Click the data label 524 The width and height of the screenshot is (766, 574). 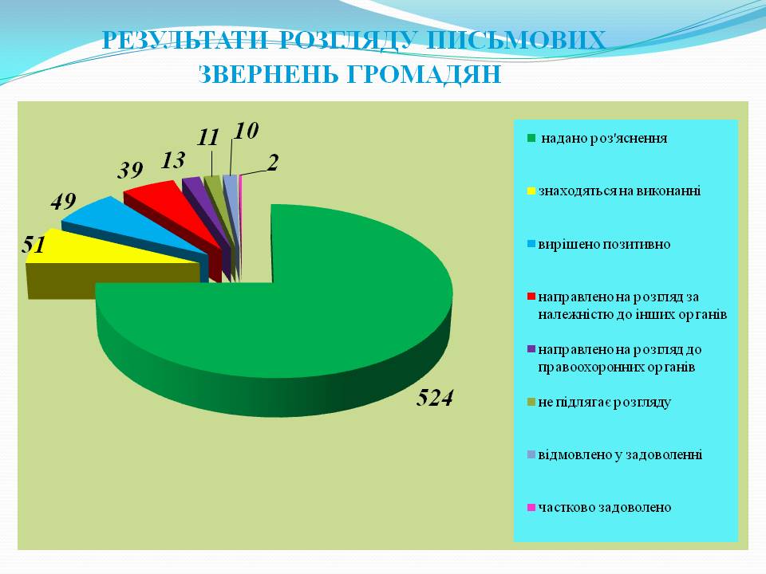435,399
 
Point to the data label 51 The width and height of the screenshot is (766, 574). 34,245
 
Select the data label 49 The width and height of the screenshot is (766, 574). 64,202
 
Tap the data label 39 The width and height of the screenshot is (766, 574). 130,171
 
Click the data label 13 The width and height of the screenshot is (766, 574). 173,160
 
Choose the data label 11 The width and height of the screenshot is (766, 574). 208,138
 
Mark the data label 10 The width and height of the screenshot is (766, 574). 246,131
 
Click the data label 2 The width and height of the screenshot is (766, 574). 273,163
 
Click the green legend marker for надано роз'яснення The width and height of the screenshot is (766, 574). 531,138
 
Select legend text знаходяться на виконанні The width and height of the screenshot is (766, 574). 619,191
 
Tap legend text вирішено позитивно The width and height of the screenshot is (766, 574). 604,244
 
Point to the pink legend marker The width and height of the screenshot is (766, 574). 531,507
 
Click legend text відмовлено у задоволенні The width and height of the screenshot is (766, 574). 620,455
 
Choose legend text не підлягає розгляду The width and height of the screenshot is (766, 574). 604,402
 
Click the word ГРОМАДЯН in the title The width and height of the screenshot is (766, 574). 424,75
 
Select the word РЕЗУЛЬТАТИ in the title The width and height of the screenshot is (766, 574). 185,40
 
